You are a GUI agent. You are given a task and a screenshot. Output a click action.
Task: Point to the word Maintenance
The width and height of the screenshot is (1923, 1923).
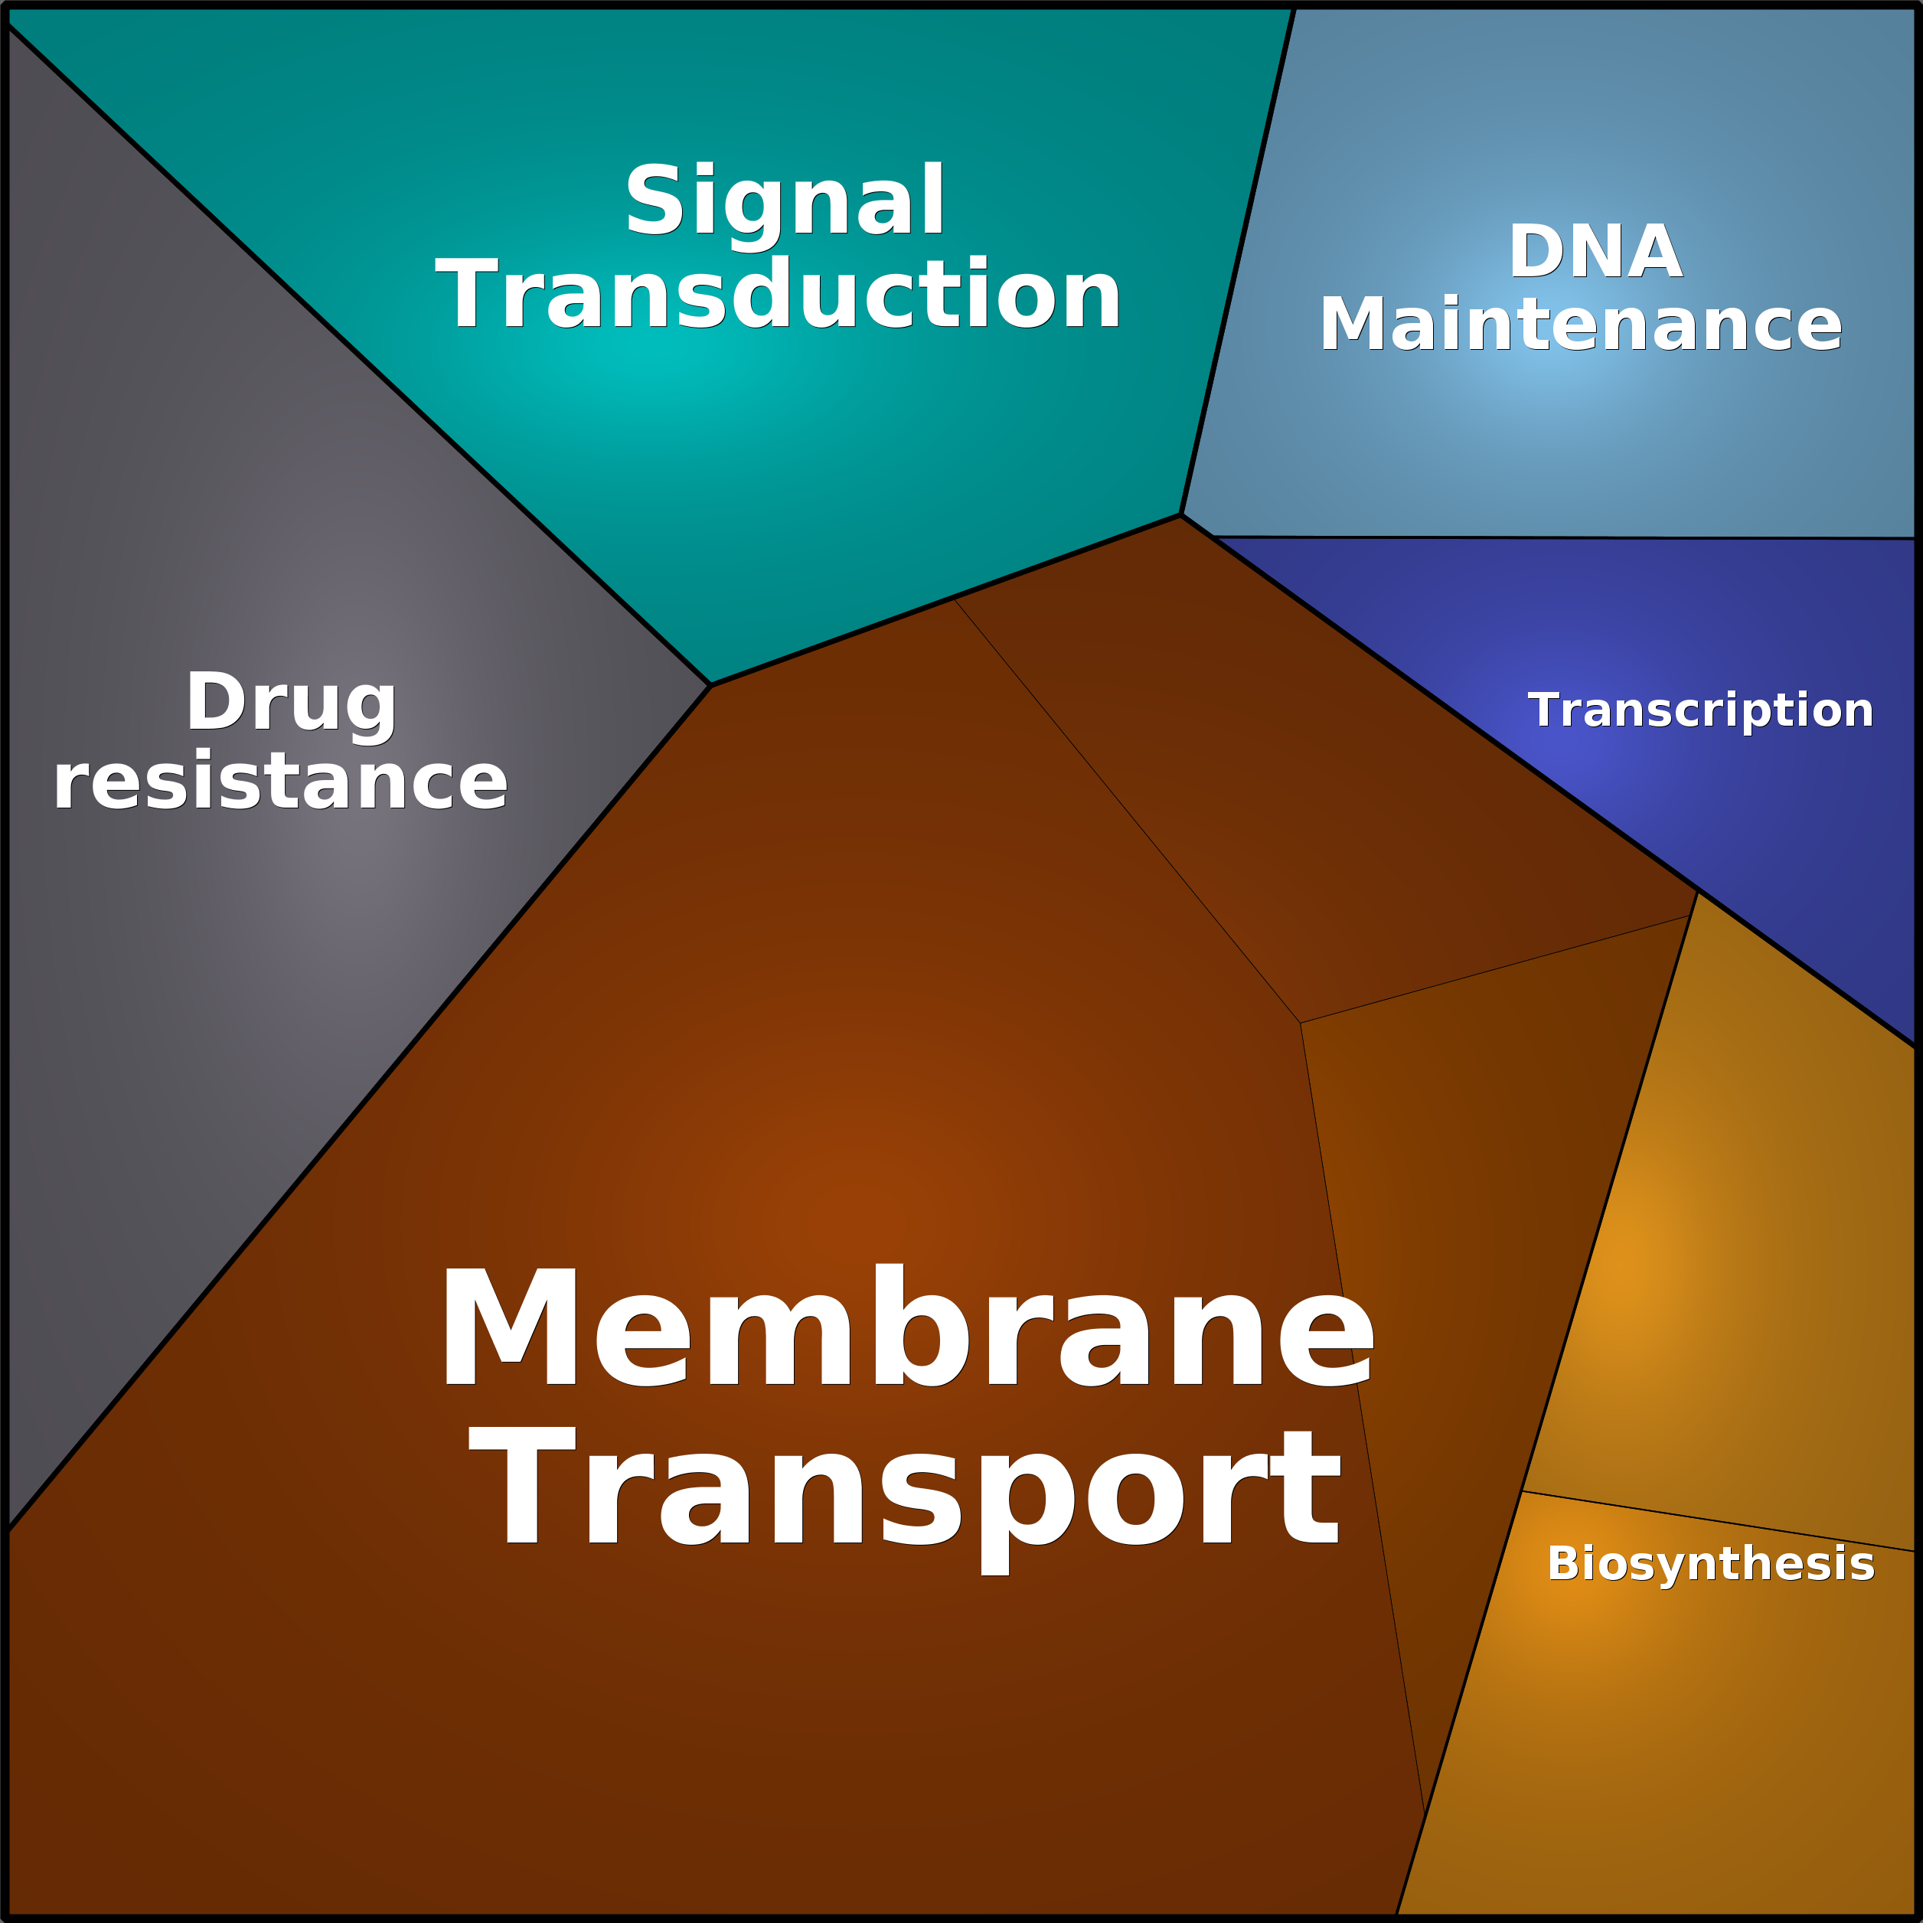coord(1581,325)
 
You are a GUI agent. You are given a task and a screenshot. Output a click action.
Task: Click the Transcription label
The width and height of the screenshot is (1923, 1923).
coord(1700,710)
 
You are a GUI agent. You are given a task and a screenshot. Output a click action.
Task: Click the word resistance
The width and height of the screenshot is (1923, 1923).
coord(281,782)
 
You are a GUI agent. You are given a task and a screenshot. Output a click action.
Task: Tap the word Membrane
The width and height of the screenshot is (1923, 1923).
coord(906,1326)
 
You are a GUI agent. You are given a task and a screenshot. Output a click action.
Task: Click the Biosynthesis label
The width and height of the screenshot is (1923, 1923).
coord(1710,1564)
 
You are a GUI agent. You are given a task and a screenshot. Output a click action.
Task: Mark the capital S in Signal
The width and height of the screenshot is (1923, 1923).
coord(656,200)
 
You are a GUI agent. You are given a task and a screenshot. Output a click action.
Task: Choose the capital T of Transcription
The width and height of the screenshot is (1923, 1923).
coord(1546,710)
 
